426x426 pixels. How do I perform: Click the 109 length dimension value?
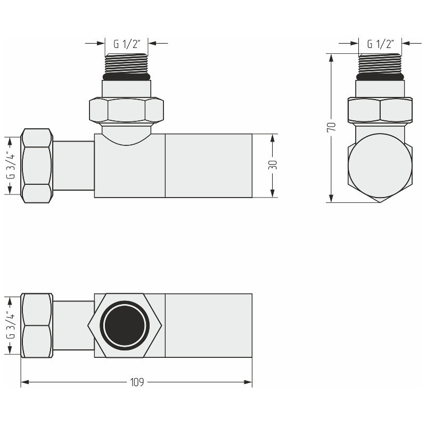137,382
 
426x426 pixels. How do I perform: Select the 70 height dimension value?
331,127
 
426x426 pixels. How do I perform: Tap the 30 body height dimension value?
273,165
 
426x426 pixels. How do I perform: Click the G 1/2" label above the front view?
127,44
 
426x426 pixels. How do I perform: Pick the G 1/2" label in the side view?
381,44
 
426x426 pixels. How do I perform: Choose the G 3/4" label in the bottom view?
11,325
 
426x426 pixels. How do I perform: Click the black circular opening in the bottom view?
125,325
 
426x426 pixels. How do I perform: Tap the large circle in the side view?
380,166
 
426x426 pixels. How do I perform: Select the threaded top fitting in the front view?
127,63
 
